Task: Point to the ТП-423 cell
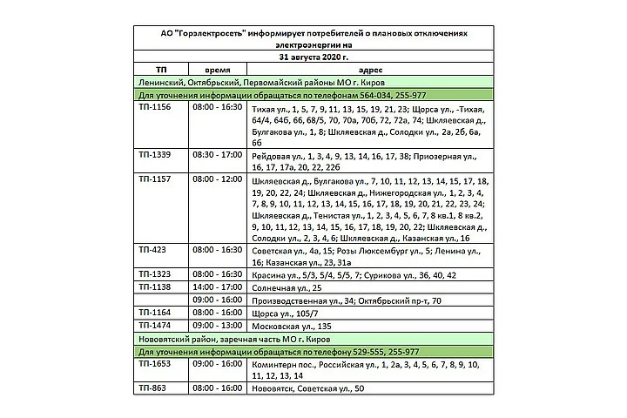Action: pos(152,249)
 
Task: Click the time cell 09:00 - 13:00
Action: pos(218,324)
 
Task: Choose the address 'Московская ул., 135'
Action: pos(292,324)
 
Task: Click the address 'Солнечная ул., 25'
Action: pos(287,287)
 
